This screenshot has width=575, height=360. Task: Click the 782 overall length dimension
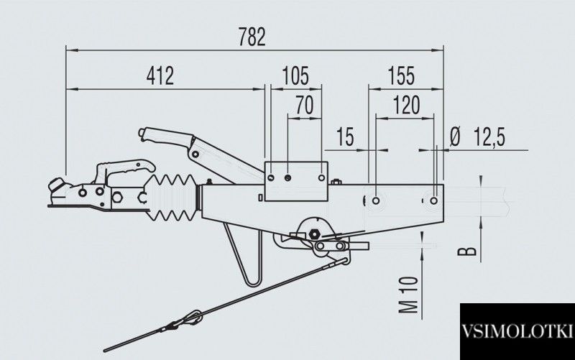point(252,37)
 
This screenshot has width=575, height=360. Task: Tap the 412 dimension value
point(160,76)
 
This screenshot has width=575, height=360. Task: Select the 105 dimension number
point(295,76)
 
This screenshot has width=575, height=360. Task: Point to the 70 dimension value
point(305,105)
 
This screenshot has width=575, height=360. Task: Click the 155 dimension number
point(401,76)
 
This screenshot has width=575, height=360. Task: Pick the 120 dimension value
point(406,105)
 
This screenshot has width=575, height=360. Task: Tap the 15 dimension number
point(346,137)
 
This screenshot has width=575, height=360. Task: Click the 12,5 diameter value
point(489,137)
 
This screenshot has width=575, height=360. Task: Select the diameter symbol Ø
point(455,137)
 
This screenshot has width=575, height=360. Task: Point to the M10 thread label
point(408,295)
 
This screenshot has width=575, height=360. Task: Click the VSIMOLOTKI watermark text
point(517,331)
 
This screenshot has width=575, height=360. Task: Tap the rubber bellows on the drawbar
point(172,198)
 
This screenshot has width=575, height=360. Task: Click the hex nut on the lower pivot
point(315,233)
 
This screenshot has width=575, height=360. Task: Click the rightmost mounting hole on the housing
point(434,200)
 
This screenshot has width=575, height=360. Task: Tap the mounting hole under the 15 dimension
point(376,200)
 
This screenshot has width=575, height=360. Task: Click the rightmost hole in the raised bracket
point(321,177)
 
